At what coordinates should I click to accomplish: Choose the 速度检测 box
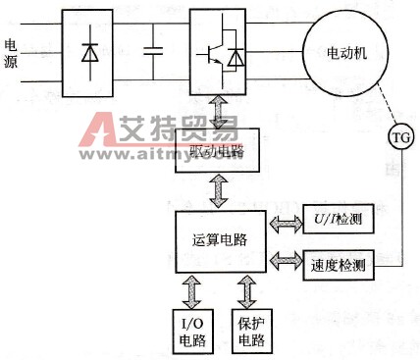point(334,262)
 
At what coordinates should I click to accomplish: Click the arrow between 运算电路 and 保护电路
point(247,289)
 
